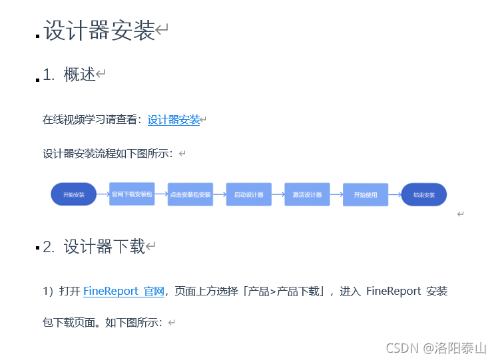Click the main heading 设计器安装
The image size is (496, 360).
pos(99,31)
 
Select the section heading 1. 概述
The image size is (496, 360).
pos(70,75)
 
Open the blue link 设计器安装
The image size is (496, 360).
pos(174,120)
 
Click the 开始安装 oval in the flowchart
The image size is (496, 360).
pos(73,194)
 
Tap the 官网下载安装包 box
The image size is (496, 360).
pos(132,194)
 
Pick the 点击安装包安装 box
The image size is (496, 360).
pos(190,194)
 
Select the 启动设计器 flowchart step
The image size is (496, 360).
pos(248,194)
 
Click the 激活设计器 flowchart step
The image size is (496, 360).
pos(307,194)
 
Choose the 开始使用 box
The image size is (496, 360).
pos(366,194)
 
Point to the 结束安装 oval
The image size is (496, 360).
pos(424,194)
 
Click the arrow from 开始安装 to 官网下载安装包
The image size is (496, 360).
pos(103,194)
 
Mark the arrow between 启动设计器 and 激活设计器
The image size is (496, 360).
pos(278,194)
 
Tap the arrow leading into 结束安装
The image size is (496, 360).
pos(395,194)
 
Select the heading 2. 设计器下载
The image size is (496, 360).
pos(94,247)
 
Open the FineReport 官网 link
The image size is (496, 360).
pos(123,291)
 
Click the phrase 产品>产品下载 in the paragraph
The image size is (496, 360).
pos(286,291)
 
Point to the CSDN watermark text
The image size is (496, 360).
pos(401,348)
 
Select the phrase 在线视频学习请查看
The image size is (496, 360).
pos(90,120)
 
